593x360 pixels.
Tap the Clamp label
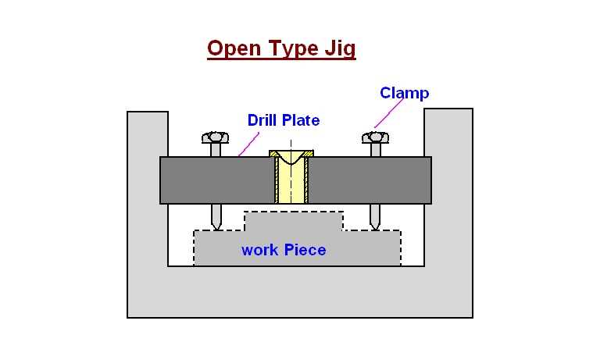404,94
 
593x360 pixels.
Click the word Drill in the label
263,120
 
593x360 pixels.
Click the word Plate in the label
301,120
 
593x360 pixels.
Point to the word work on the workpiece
259,251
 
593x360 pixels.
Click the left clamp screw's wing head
215,138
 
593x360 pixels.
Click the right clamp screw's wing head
375,138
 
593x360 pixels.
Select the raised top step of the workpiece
294,221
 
